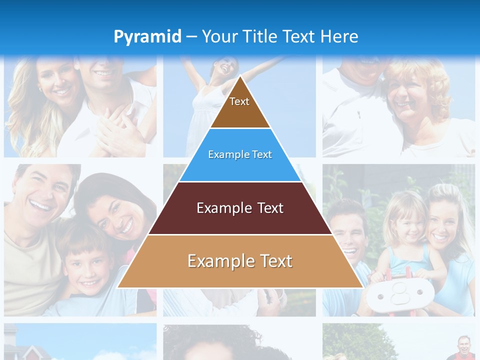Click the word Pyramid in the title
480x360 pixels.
[147, 37]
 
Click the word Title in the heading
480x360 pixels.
[260, 36]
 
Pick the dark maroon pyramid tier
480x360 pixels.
[240, 208]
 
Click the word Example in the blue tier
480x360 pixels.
[224, 155]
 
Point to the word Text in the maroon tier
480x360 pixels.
[268, 208]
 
